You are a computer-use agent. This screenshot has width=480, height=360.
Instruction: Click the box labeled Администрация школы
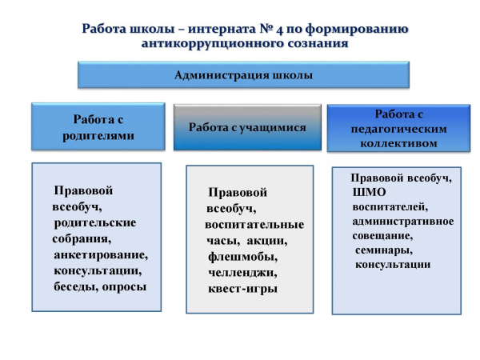243,74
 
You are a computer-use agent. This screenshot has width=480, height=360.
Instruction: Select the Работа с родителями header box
98,126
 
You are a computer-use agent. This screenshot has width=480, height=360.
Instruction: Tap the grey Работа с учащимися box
247,127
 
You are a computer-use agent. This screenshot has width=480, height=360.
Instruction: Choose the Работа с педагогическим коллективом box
398,128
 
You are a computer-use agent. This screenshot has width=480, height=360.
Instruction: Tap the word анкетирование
101,255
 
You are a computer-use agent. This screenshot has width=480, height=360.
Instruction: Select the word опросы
124,287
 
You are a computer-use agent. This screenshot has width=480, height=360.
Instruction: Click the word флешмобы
242,257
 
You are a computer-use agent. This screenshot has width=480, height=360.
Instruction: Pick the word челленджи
242,273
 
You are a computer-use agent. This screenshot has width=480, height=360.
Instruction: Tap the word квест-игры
242,289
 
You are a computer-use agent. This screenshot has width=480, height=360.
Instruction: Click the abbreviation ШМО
369,192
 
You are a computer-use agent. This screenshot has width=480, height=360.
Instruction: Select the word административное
403,222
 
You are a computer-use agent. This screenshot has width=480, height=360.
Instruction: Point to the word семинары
384,250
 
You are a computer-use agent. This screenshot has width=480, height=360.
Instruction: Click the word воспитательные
254,224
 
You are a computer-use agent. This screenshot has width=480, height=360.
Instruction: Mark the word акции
267,241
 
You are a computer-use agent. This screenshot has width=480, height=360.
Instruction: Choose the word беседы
76,287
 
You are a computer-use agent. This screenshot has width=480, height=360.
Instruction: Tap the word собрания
82,238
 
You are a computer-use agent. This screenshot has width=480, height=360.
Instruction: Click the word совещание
382,236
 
